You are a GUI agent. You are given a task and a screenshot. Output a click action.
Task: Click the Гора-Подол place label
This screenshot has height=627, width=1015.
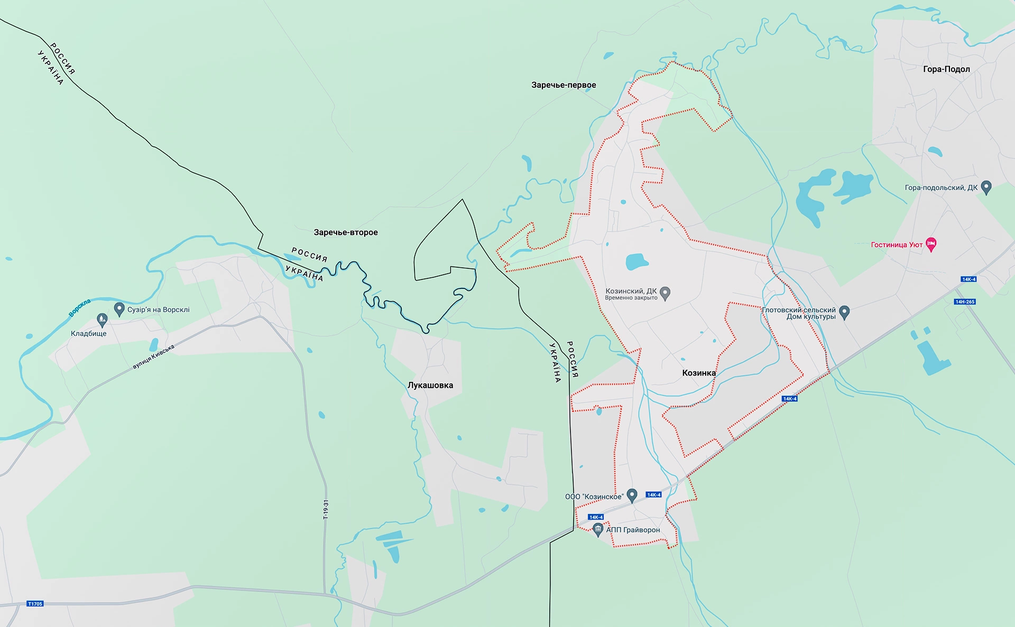point(946,69)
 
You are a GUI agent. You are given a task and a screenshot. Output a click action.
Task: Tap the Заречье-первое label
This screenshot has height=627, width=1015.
point(564,85)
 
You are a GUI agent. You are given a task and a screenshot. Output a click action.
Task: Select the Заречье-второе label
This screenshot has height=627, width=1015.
point(346,232)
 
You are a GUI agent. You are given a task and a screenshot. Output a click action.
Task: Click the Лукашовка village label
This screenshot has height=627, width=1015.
point(430,385)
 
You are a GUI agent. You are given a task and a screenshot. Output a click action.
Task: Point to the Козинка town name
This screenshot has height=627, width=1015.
point(699,373)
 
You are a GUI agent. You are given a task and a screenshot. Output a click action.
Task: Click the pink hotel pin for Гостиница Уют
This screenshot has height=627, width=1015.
point(931,245)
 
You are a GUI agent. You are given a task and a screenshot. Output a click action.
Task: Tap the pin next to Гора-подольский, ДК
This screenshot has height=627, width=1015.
point(986,187)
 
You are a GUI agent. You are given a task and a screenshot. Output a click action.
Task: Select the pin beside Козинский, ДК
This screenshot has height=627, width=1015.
point(666,293)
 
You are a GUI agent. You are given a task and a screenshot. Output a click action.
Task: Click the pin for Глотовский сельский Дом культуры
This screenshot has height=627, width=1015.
point(844,312)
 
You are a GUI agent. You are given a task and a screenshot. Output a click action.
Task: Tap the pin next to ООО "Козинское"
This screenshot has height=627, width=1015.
point(632,495)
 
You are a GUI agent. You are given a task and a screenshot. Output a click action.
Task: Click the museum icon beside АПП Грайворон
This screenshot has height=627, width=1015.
point(598,529)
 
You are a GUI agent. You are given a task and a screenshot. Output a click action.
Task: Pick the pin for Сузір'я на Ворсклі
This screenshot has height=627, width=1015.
point(119,309)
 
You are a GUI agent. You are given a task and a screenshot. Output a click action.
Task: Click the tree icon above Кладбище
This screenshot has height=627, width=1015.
point(102,320)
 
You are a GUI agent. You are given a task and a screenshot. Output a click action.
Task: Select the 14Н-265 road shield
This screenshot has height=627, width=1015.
point(965,302)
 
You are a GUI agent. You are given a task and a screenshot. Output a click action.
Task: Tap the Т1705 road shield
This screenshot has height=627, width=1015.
point(35,604)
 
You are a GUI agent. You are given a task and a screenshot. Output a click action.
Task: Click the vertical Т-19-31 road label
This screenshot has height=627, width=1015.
point(326,509)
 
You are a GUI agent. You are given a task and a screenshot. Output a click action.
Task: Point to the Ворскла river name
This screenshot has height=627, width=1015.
point(80,308)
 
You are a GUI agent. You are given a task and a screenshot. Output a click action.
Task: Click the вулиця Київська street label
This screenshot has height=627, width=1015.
point(153,357)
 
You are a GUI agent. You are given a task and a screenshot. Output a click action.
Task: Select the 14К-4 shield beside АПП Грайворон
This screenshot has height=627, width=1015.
point(596,517)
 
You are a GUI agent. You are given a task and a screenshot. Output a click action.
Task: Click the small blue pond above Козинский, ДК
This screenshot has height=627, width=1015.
point(636,261)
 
